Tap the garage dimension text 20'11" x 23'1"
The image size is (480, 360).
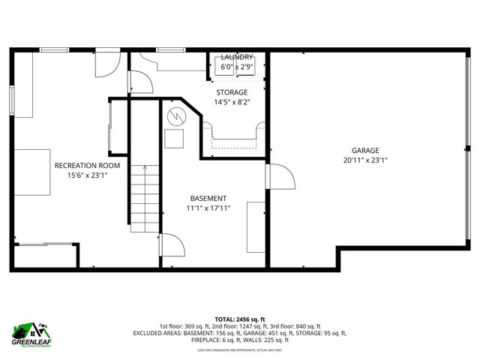click(365, 160)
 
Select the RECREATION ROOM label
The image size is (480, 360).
click(87, 166)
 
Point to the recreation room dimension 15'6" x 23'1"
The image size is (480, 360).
click(87, 175)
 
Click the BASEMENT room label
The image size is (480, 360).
click(208, 198)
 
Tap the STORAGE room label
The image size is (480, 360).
click(232, 92)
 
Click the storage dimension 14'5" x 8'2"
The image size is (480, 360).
click(232, 102)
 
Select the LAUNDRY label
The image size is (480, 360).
click(237, 57)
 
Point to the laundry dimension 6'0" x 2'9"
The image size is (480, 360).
click(237, 67)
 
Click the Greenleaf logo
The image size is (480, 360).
click(30, 332)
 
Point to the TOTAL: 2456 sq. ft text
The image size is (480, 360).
click(239, 319)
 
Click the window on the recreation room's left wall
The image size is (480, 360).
click(12, 100)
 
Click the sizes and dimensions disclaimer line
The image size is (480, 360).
click(239, 350)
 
